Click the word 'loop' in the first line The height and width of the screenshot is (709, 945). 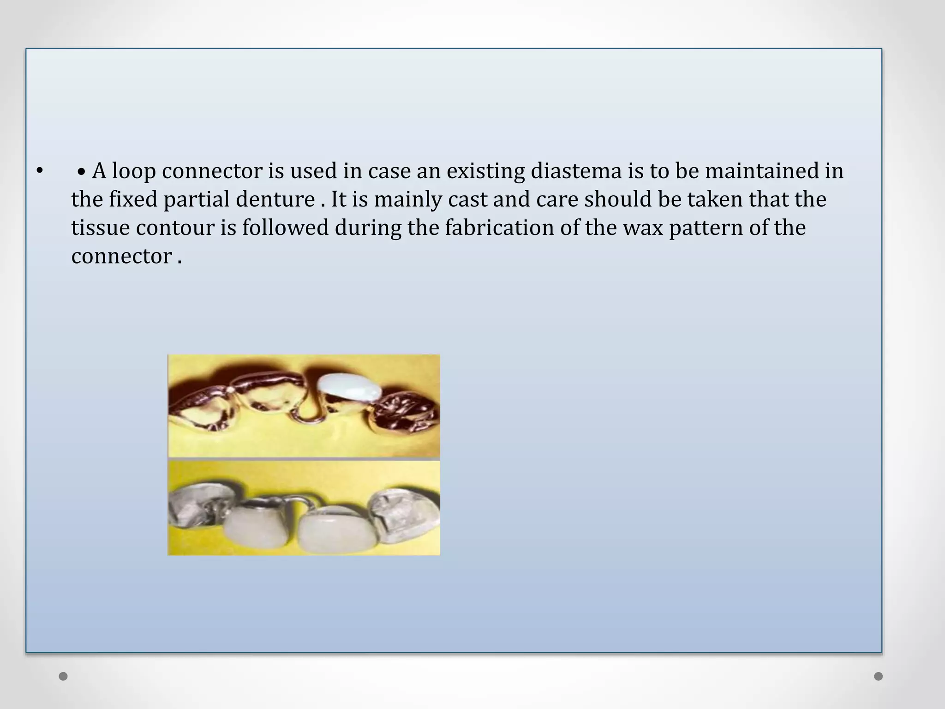[133, 172]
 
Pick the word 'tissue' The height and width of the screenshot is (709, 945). [100, 228]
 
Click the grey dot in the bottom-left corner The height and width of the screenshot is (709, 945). [63, 677]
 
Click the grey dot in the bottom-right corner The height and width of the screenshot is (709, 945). [879, 677]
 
